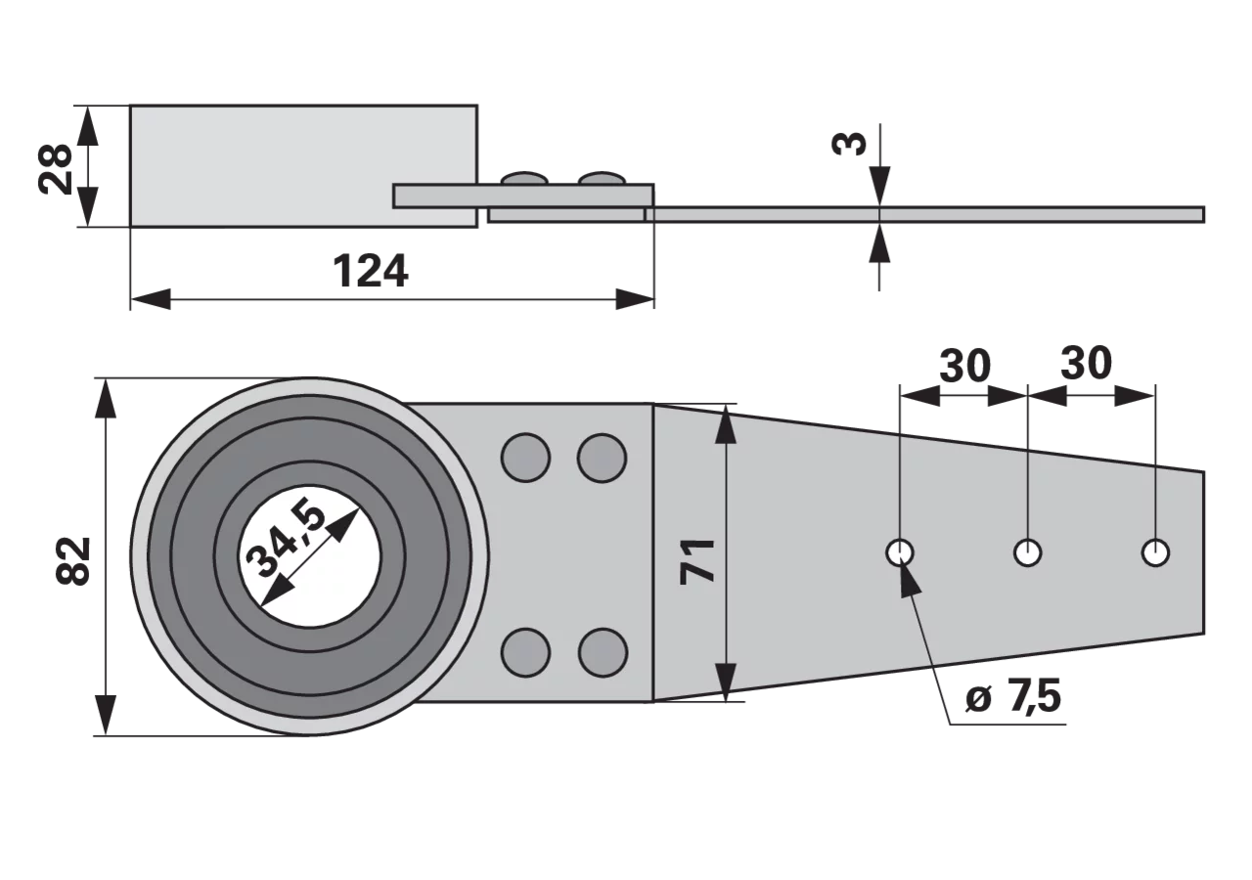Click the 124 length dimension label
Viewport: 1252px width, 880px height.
click(x=371, y=272)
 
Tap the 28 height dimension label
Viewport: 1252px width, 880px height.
click(x=55, y=169)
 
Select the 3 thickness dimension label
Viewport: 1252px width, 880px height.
click(x=849, y=144)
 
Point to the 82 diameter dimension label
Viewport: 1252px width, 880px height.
click(x=73, y=561)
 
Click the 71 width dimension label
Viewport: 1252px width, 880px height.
click(x=697, y=561)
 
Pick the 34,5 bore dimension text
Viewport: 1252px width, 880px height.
click(x=285, y=538)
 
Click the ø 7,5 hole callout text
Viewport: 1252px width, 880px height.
click(x=1012, y=697)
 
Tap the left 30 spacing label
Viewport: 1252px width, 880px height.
click(x=964, y=366)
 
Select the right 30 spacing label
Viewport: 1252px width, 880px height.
click(x=1086, y=363)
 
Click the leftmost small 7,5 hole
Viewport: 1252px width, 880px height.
click(x=900, y=553)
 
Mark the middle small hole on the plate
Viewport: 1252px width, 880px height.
click(x=1027, y=553)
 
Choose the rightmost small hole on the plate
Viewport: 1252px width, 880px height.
click(x=1155, y=553)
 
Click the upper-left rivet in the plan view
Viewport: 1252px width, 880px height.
click(x=525, y=458)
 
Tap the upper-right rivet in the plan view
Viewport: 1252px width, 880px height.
click(x=602, y=458)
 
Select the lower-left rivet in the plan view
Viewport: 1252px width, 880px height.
click(x=525, y=652)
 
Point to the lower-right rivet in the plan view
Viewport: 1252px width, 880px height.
click(x=603, y=652)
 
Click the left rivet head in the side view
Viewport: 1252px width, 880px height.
click(x=524, y=178)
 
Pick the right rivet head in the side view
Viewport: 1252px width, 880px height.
click(x=602, y=178)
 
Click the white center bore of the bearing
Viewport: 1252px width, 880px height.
click(x=310, y=556)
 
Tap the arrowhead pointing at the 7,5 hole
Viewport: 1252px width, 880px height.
click(x=910, y=578)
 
